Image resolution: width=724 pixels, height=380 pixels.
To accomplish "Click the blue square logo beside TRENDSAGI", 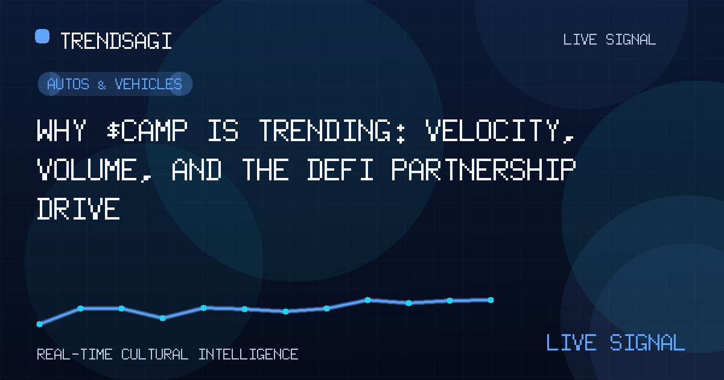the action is [x=42, y=36].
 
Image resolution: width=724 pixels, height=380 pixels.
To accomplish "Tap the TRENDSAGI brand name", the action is [x=116, y=41].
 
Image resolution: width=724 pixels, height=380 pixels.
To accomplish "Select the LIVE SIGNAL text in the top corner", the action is [x=609, y=40].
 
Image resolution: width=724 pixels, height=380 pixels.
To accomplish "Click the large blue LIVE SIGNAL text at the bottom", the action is [x=615, y=343].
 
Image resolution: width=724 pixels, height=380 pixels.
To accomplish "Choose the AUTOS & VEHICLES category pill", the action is [x=115, y=84].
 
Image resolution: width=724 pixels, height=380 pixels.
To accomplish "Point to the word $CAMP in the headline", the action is [x=147, y=130].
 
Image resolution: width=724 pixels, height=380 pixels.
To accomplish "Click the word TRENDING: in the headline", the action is [x=332, y=130].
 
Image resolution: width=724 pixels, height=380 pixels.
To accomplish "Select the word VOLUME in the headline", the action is [x=94, y=170].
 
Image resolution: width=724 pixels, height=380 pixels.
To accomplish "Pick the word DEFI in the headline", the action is [x=340, y=169].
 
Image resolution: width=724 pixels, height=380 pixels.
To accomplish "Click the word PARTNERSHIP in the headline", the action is [x=483, y=169].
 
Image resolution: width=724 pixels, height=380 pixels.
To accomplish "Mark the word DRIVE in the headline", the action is [x=78, y=209].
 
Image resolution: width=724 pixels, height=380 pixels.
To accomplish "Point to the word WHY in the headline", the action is [x=62, y=130].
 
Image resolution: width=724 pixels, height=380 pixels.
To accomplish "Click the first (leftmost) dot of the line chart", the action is [x=39, y=324].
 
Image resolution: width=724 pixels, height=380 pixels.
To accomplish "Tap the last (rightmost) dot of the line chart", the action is [x=491, y=300].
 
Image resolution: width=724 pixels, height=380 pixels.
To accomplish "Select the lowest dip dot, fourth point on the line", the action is [x=162, y=318].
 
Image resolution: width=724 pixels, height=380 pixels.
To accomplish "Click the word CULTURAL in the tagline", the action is [x=155, y=355].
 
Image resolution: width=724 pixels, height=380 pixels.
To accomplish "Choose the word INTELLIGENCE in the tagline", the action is [x=248, y=355].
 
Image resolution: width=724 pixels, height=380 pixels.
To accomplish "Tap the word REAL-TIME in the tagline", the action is [x=75, y=355].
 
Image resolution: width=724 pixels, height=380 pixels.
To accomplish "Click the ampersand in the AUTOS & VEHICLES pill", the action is [x=102, y=85].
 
